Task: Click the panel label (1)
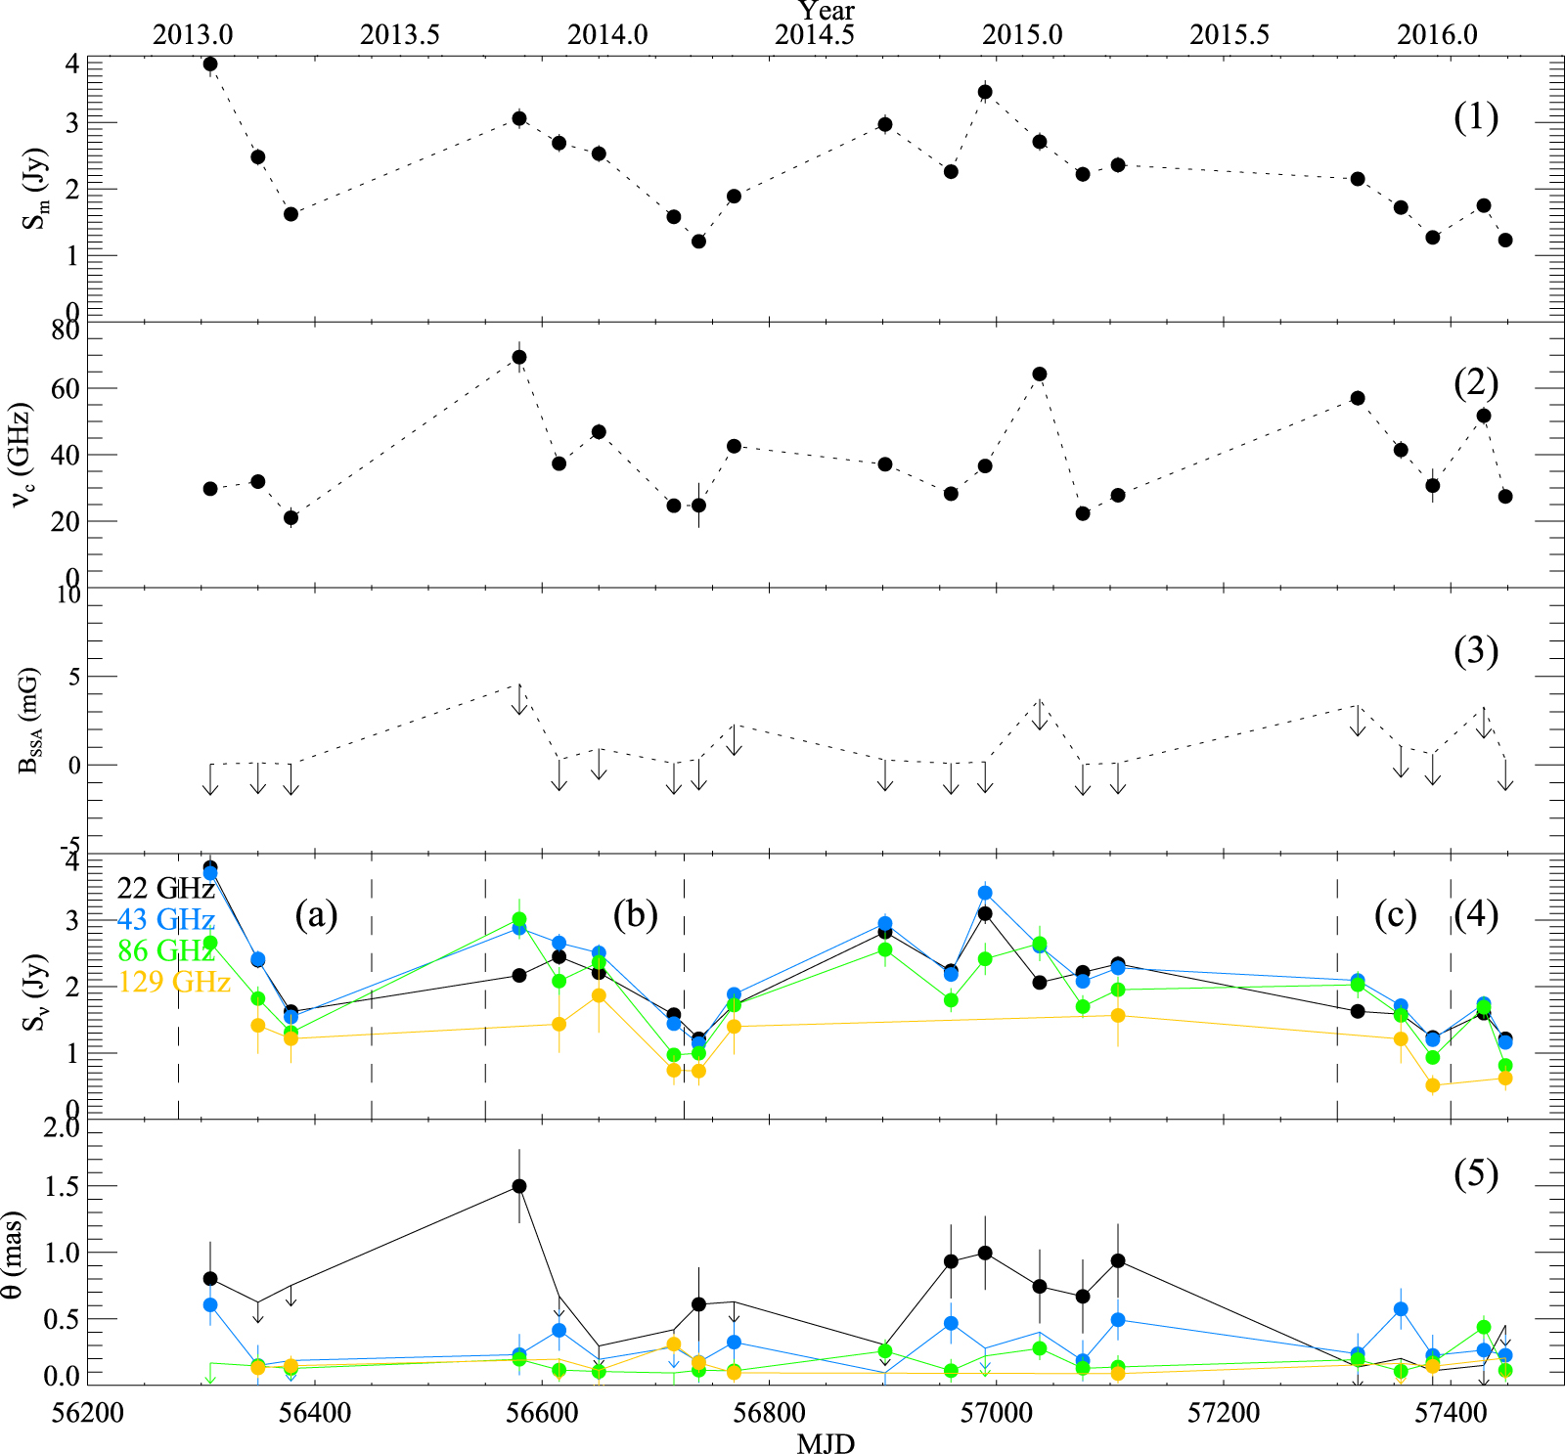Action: (x=1475, y=117)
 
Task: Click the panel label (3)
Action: (x=1475, y=650)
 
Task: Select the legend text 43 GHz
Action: (x=165, y=919)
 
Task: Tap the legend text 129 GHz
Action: (x=174, y=981)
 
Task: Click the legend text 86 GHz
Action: (x=165, y=950)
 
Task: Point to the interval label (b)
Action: (x=635, y=914)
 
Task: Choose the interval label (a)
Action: (x=316, y=914)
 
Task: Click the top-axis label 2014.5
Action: (x=815, y=34)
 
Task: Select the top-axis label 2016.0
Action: (x=1437, y=34)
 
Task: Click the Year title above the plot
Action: (x=827, y=11)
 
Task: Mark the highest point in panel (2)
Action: (x=519, y=357)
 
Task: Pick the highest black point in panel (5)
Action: (x=519, y=1186)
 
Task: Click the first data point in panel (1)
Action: (x=209, y=64)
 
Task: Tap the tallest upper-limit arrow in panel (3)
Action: (x=519, y=698)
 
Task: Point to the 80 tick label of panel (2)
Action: (x=66, y=331)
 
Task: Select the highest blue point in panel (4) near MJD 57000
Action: (x=985, y=893)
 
